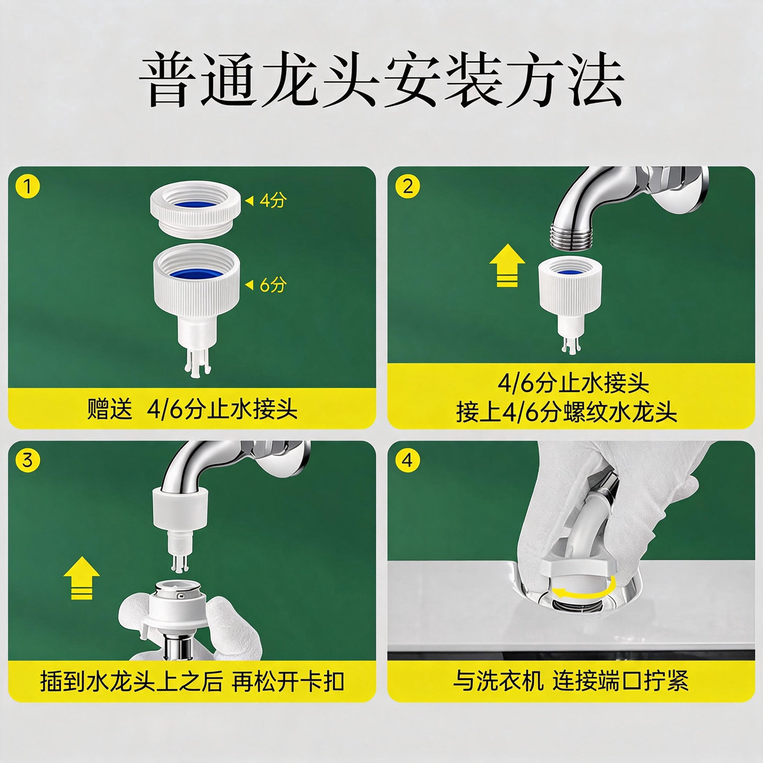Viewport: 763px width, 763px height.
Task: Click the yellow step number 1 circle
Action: click(x=28, y=186)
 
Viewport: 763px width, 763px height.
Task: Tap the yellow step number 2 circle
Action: click(x=407, y=186)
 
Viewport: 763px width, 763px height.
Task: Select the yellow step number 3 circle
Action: click(x=28, y=460)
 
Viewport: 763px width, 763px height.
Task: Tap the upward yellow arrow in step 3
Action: click(x=82, y=578)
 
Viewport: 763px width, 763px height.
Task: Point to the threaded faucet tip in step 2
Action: click(x=571, y=236)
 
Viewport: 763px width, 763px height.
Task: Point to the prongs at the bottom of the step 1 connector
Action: click(x=195, y=362)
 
